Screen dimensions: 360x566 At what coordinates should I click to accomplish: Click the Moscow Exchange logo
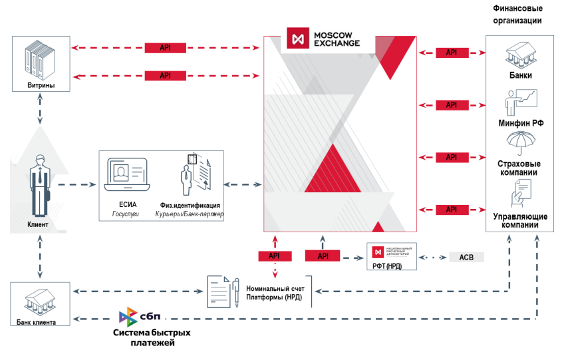[x=324, y=39]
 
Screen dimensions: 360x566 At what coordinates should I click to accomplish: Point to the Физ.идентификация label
[x=190, y=206]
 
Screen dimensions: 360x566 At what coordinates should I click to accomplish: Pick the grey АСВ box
[x=466, y=257]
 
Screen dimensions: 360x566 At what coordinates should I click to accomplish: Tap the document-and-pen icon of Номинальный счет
[x=223, y=291]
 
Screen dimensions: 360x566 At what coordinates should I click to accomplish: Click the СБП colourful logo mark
[x=129, y=315]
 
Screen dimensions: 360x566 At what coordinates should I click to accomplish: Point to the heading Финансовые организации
[x=517, y=14]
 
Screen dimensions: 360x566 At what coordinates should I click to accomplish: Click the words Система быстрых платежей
[x=152, y=337]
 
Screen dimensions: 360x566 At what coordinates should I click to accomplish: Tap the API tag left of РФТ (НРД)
[x=323, y=256]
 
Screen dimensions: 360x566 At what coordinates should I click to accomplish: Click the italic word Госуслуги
[x=126, y=214]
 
